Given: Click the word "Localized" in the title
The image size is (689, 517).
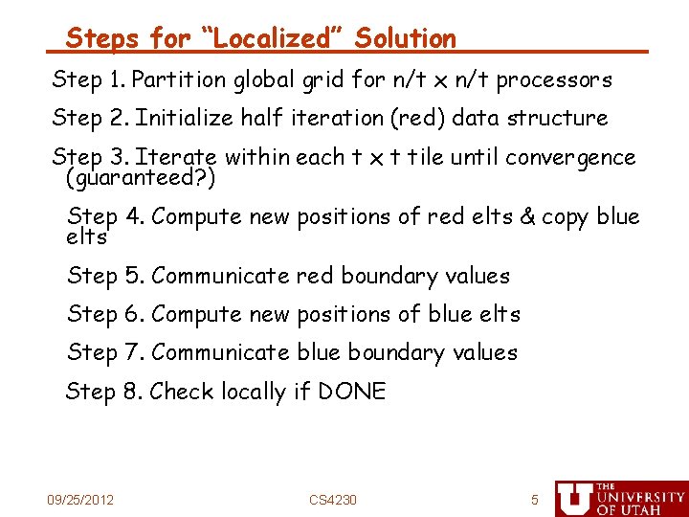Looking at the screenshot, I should pyautogui.click(x=263, y=39).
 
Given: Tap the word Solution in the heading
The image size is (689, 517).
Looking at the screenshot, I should pyautogui.click(x=405, y=39).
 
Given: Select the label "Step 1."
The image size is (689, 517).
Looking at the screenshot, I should pyautogui.click(x=90, y=79).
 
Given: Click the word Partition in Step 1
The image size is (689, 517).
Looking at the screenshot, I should pyautogui.click(x=180, y=79).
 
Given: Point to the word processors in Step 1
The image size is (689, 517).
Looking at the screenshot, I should pyautogui.click(x=554, y=79).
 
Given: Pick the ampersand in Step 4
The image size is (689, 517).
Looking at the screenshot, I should pyautogui.click(x=526, y=217).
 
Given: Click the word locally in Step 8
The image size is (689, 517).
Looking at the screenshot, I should pyautogui.click(x=253, y=393).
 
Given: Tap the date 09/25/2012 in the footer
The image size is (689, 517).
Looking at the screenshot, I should pyautogui.click(x=81, y=500).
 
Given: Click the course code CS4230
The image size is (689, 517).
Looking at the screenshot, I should pyautogui.click(x=333, y=500).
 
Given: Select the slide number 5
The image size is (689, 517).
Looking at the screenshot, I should pyautogui.click(x=535, y=500).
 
